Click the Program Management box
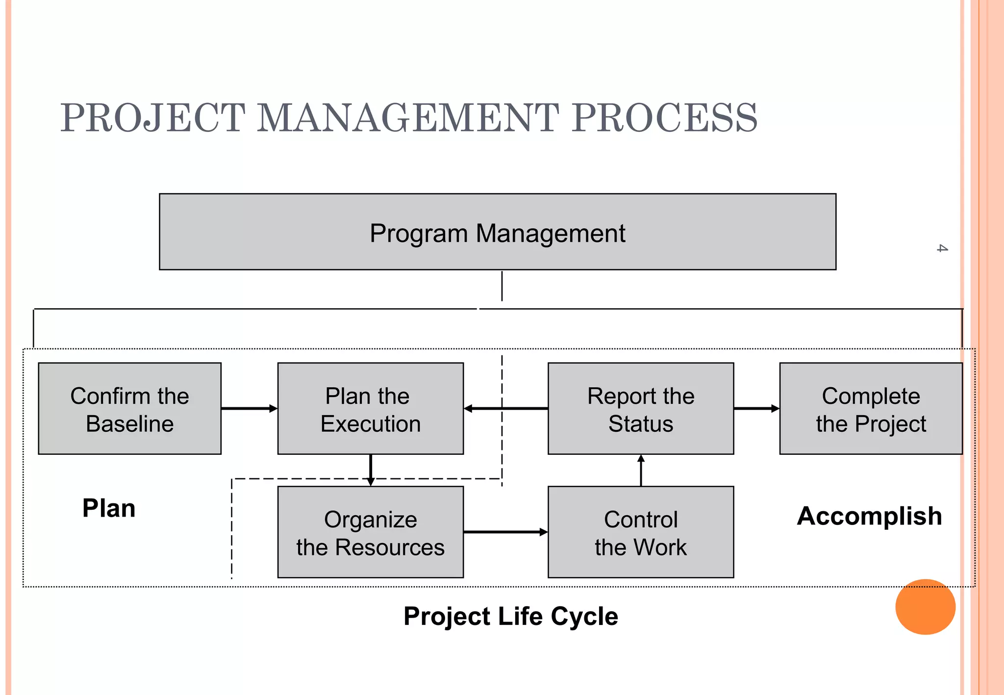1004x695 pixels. [497, 232]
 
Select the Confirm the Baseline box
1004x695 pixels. [129, 409]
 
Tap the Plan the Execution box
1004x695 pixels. [370, 409]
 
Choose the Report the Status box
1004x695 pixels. [640, 409]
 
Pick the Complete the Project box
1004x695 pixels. [871, 409]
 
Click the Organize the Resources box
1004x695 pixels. [370, 532]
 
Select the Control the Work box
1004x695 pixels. [640, 532]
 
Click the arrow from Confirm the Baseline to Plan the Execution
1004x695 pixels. [249, 408]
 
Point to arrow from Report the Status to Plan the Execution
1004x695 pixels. [505, 408]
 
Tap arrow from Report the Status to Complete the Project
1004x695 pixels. [756, 408]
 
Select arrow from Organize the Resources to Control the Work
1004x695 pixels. [505, 532]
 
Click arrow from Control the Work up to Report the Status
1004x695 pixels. [641, 471]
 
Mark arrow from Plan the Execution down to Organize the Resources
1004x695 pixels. [371, 470]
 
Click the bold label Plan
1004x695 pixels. [109, 508]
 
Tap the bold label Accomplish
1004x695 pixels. [869, 516]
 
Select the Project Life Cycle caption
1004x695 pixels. [510, 616]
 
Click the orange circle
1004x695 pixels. [925, 607]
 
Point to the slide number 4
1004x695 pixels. [942, 248]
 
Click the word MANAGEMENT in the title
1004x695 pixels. [408, 118]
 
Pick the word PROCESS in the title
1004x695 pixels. [665, 118]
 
